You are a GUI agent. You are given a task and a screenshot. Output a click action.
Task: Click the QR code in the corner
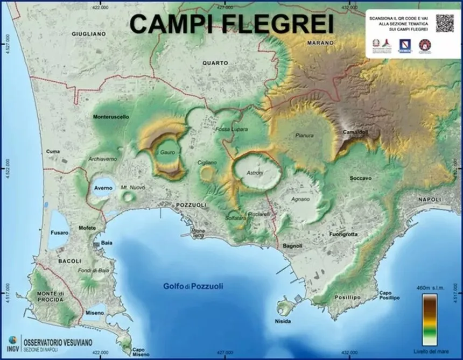click(x=444, y=23)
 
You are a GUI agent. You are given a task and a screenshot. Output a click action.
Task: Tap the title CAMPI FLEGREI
click(x=231, y=24)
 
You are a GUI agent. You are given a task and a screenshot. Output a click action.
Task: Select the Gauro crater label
click(x=167, y=152)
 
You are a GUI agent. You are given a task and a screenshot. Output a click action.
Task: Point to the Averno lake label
click(x=103, y=188)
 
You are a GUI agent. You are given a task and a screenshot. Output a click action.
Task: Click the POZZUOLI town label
click(x=191, y=205)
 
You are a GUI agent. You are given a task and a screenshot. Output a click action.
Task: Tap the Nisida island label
click(x=283, y=321)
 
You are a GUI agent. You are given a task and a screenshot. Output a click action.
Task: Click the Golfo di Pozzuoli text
click(x=193, y=286)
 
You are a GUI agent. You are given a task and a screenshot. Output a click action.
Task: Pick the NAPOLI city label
click(x=429, y=199)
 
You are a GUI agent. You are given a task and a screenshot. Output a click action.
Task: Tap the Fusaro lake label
click(x=59, y=232)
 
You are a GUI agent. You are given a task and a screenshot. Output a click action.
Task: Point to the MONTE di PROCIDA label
click(x=51, y=296)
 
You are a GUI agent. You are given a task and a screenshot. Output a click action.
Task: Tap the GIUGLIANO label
click(x=88, y=33)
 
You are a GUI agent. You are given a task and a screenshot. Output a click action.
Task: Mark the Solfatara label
click(x=236, y=218)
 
